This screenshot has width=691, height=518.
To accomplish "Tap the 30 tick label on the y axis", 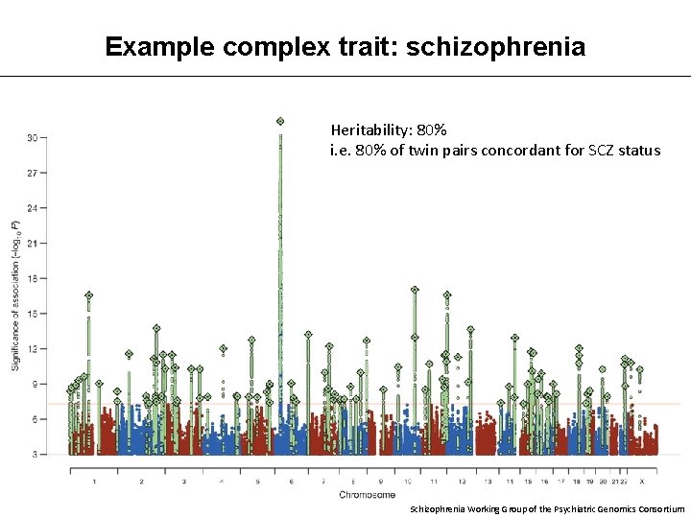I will tap(32, 138).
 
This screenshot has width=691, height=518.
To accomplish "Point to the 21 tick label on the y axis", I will tap(32, 244).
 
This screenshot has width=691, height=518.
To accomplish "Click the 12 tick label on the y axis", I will tap(32, 348).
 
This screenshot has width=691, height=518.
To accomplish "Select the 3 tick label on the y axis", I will tap(35, 454).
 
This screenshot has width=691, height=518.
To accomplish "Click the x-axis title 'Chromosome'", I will tap(366, 495).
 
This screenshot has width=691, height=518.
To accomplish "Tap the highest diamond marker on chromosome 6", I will tap(280, 121).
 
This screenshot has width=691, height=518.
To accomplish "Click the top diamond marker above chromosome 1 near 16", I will tap(89, 295).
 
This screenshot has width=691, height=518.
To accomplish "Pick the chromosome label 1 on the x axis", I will tap(94, 482).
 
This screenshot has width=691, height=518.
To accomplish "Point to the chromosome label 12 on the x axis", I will tap(462, 482).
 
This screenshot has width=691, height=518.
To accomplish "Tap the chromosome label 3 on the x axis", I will tap(183, 482).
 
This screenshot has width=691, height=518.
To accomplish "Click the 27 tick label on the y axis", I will tap(32, 174).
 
